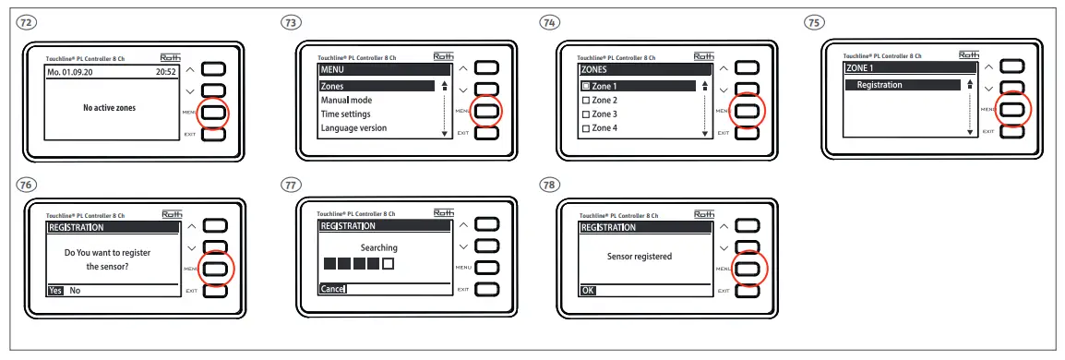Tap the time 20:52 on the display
[x=164, y=70]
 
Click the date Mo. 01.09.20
[x=73, y=70]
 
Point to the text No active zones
[x=109, y=108]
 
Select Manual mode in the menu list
[x=346, y=100]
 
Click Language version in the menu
[x=353, y=128]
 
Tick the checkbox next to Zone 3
[x=585, y=114]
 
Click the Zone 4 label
[x=604, y=128]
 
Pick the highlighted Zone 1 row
[x=637, y=86]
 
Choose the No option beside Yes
[x=75, y=290]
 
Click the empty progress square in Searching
[x=389, y=264]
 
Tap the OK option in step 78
[x=588, y=290]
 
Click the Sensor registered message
[x=639, y=257]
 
